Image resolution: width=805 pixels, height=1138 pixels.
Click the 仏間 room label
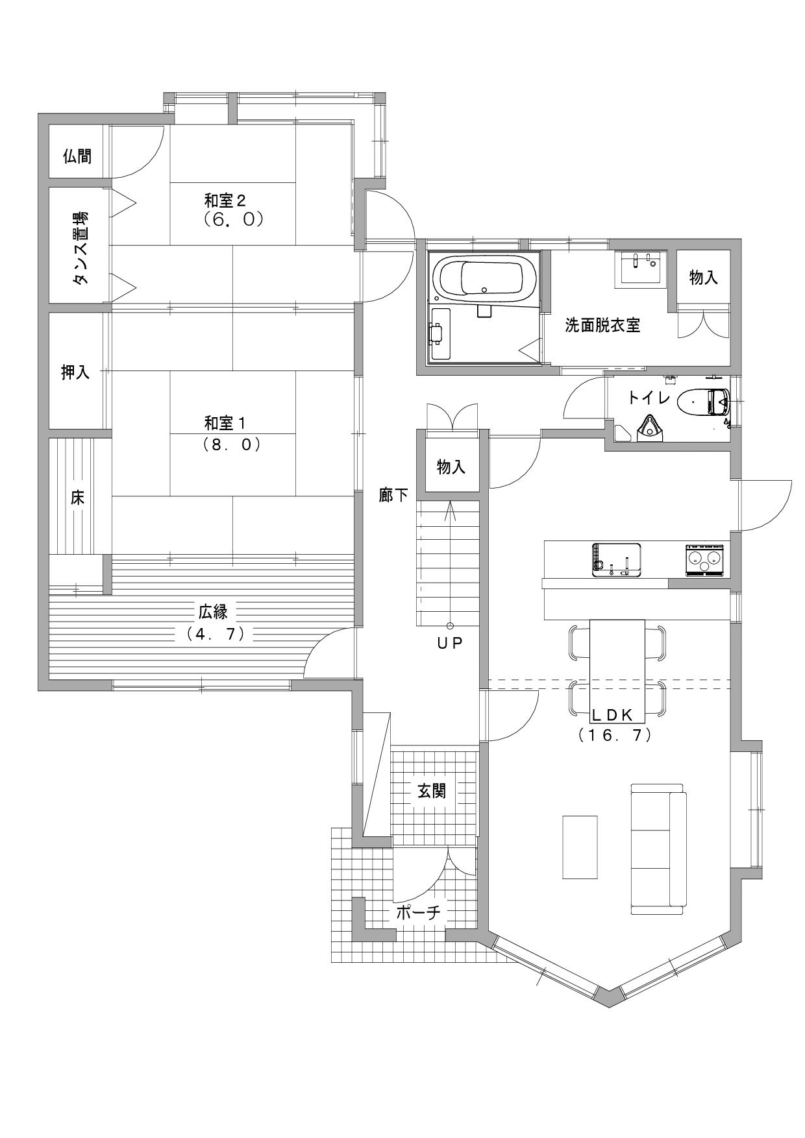(77, 156)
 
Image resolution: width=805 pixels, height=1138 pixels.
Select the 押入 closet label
(75, 372)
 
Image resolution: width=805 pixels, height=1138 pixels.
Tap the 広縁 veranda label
(214, 611)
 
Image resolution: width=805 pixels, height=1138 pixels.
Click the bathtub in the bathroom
(486, 278)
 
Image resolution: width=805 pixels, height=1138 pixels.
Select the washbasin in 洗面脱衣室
(641, 267)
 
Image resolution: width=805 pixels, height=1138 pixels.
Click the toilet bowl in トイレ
(703, 402)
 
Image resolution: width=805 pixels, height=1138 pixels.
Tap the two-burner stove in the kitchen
(704, 560)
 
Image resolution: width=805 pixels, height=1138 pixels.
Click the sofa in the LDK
(658, 849)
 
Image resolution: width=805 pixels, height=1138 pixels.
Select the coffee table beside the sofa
(580, 847)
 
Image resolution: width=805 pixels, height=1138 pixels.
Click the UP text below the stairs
(449, 644)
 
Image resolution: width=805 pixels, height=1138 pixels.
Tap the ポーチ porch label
(419, 914)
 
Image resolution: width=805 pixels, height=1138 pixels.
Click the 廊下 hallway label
(394, 496)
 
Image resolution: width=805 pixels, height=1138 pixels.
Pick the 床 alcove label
(77, 498)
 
